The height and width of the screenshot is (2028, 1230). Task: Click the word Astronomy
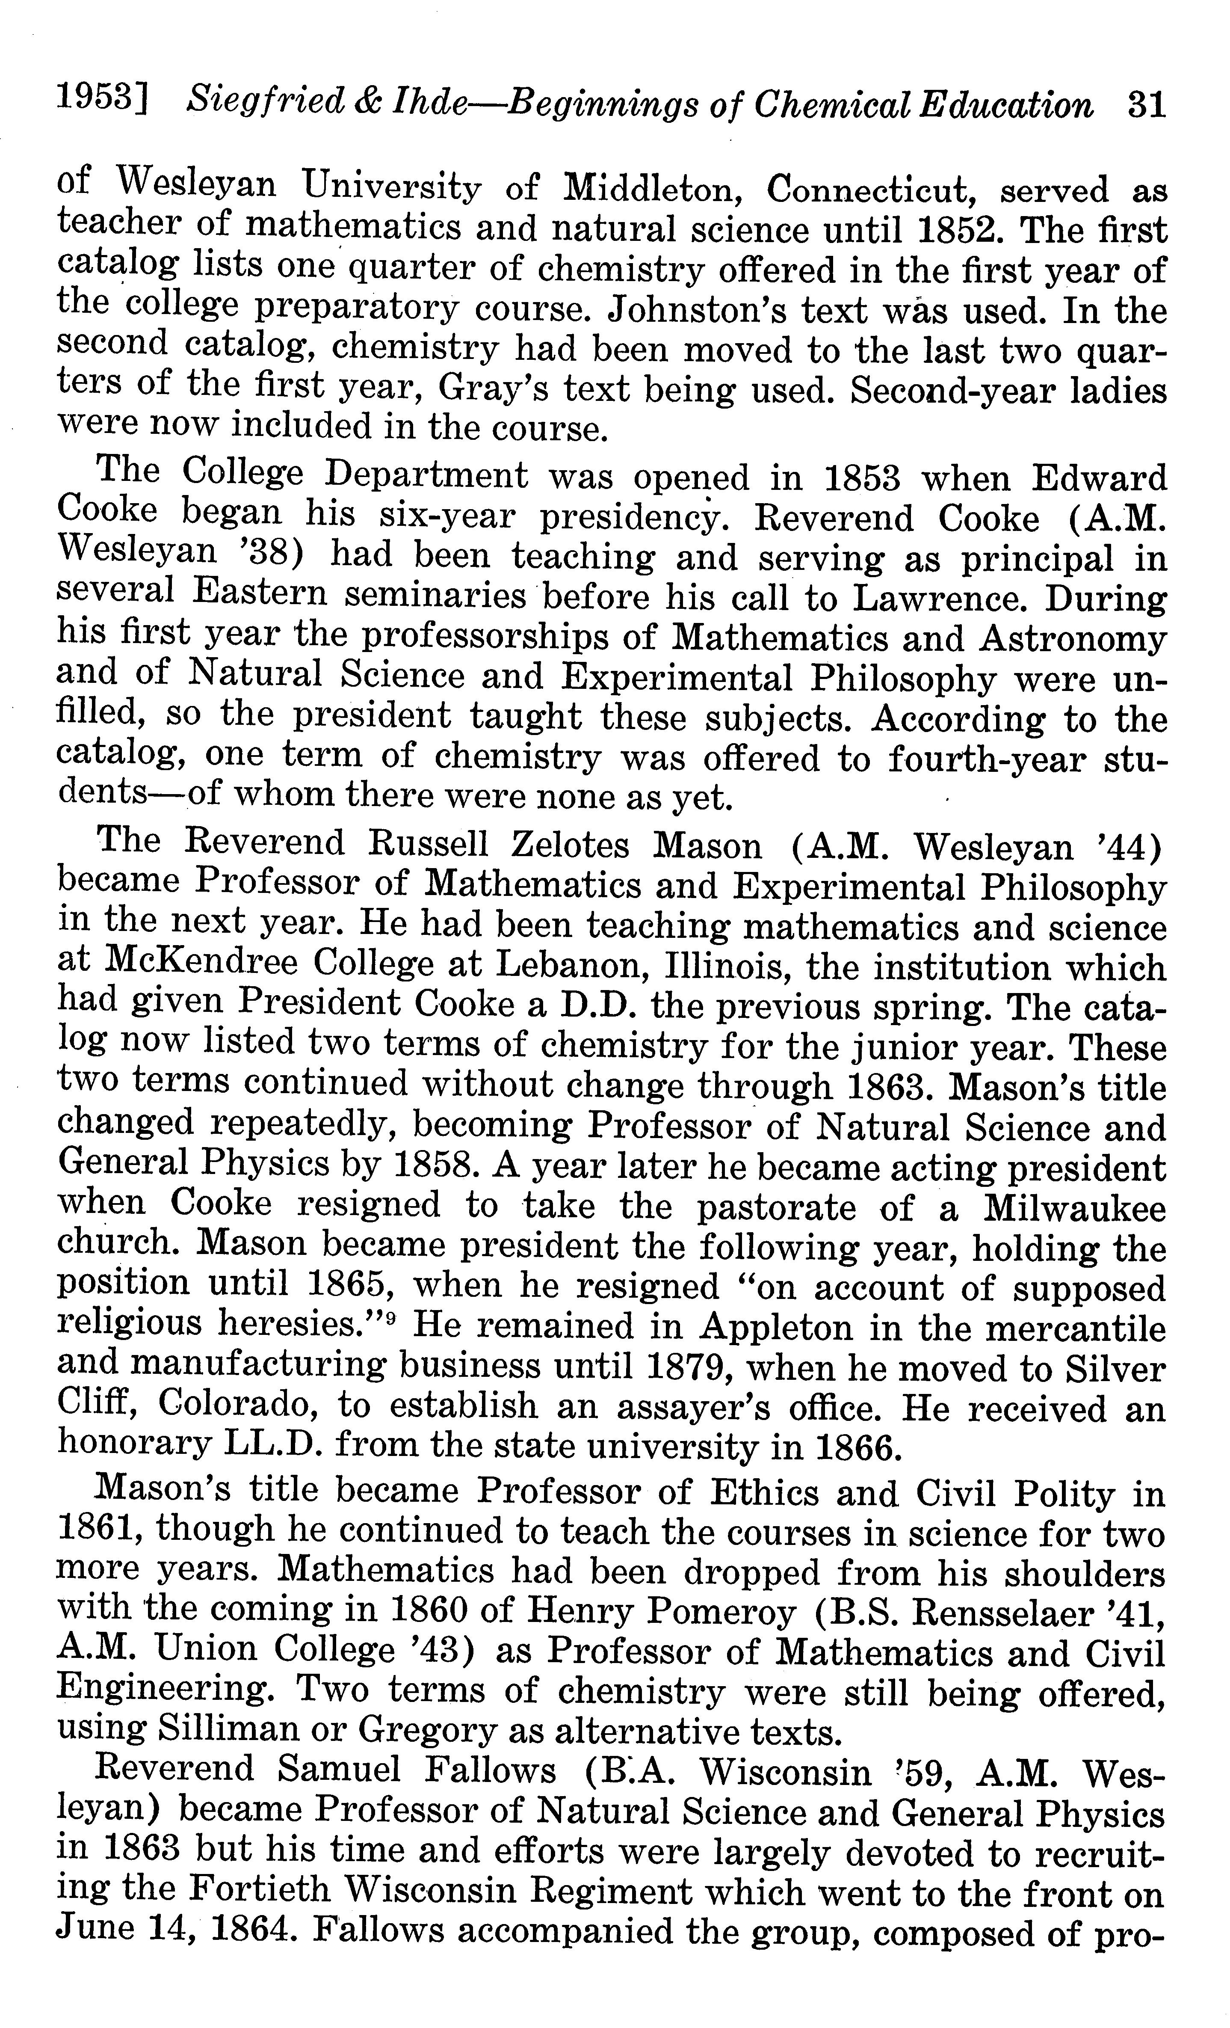coord(1070,639)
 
